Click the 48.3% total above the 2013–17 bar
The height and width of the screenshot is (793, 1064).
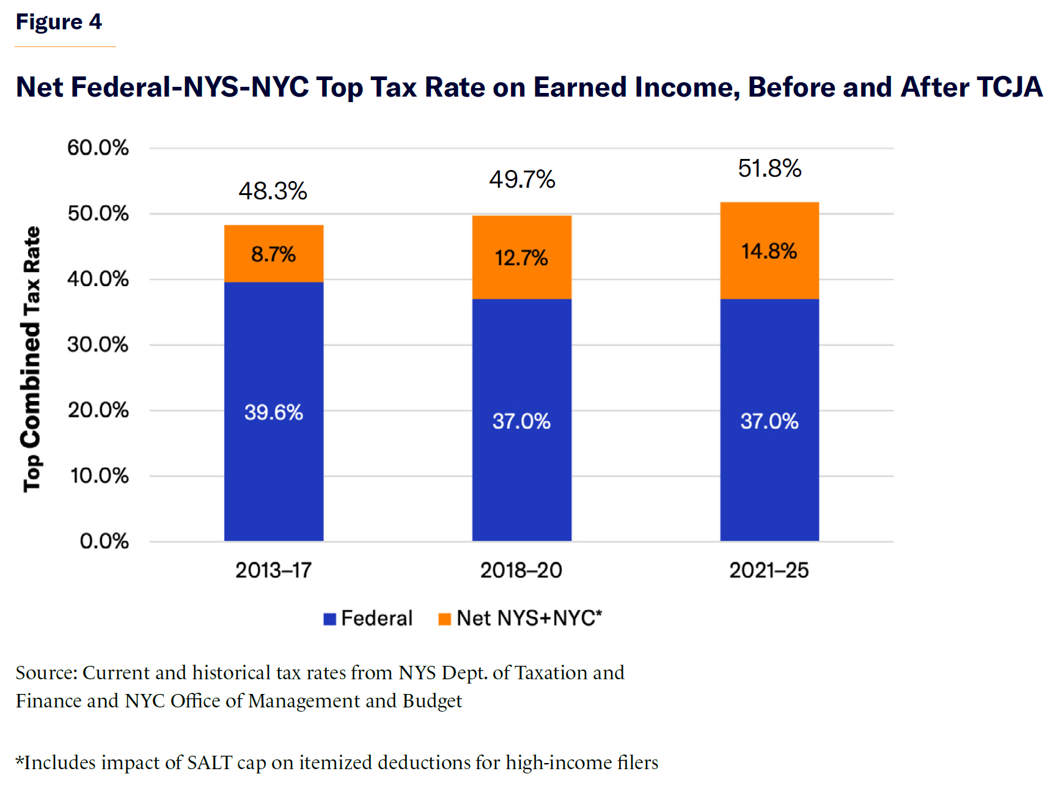273,191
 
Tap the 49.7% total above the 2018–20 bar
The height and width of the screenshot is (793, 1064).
521,180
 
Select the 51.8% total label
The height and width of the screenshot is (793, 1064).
769,169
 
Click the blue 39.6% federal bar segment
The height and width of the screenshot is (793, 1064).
273,411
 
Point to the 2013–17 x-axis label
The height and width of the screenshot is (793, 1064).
273,570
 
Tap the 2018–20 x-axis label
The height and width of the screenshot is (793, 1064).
521,570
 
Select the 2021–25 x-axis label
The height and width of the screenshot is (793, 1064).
769,570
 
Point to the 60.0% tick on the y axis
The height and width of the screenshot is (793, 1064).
98,148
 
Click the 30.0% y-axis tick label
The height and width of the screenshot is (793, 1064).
98,345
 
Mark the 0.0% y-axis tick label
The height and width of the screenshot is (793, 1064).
104,541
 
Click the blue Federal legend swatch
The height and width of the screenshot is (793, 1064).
330,619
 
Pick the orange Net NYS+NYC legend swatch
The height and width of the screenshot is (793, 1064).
445,619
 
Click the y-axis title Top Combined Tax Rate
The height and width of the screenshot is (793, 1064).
31,359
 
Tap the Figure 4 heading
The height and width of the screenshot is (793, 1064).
59,22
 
